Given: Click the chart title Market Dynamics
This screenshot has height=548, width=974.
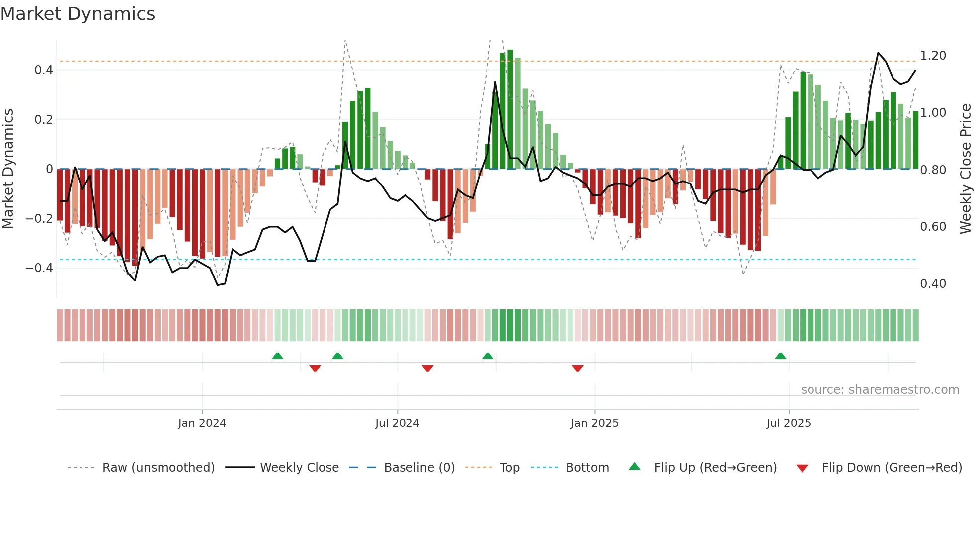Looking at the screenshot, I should coord(78,14).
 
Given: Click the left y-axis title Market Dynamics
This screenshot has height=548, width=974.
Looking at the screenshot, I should coord(8,169).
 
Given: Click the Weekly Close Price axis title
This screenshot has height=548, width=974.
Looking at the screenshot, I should coord(965,169).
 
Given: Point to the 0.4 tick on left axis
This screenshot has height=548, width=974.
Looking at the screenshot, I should coord(44,70).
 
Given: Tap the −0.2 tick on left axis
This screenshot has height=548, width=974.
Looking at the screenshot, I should coord(39,218).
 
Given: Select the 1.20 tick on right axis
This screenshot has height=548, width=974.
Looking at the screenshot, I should coord(933,56).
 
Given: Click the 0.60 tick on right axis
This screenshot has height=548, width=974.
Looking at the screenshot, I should coord(933,227).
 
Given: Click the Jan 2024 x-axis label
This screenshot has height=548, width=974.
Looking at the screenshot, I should coord(202,423).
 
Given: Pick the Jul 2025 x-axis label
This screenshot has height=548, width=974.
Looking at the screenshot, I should coord(788,423).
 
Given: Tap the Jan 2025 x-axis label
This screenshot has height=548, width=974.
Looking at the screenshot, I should coord(594,423).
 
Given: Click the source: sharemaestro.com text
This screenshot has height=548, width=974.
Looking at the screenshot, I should coord(880,390).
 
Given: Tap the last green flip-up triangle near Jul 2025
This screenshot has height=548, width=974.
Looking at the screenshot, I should coord(780,356).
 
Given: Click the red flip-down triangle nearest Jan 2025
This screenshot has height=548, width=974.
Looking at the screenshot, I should coord(577,368).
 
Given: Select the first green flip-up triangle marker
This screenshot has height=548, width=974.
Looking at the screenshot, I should coord(277,356).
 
